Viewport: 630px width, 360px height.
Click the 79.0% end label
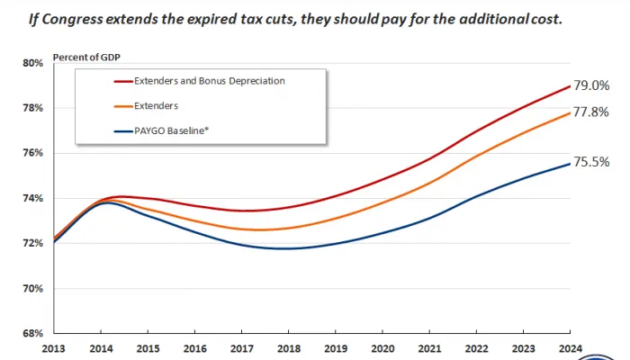[x=592, y=85]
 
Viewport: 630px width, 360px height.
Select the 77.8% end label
[x=592, y=112]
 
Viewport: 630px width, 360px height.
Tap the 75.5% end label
[x=592, y=162]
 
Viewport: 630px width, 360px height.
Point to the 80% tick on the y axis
[x=32, y=63]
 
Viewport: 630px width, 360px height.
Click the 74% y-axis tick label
[x=32, y=198]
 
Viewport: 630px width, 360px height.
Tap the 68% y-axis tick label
[x=32, y=333]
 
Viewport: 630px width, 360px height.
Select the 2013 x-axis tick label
[x=55, y=349]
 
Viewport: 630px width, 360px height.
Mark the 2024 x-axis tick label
[x=569, y=349]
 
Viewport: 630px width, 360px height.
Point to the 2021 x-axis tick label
[x=428, y=349]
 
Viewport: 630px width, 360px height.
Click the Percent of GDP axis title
[x=87, y=57]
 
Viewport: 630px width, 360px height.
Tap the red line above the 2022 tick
[x=475, y=131]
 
